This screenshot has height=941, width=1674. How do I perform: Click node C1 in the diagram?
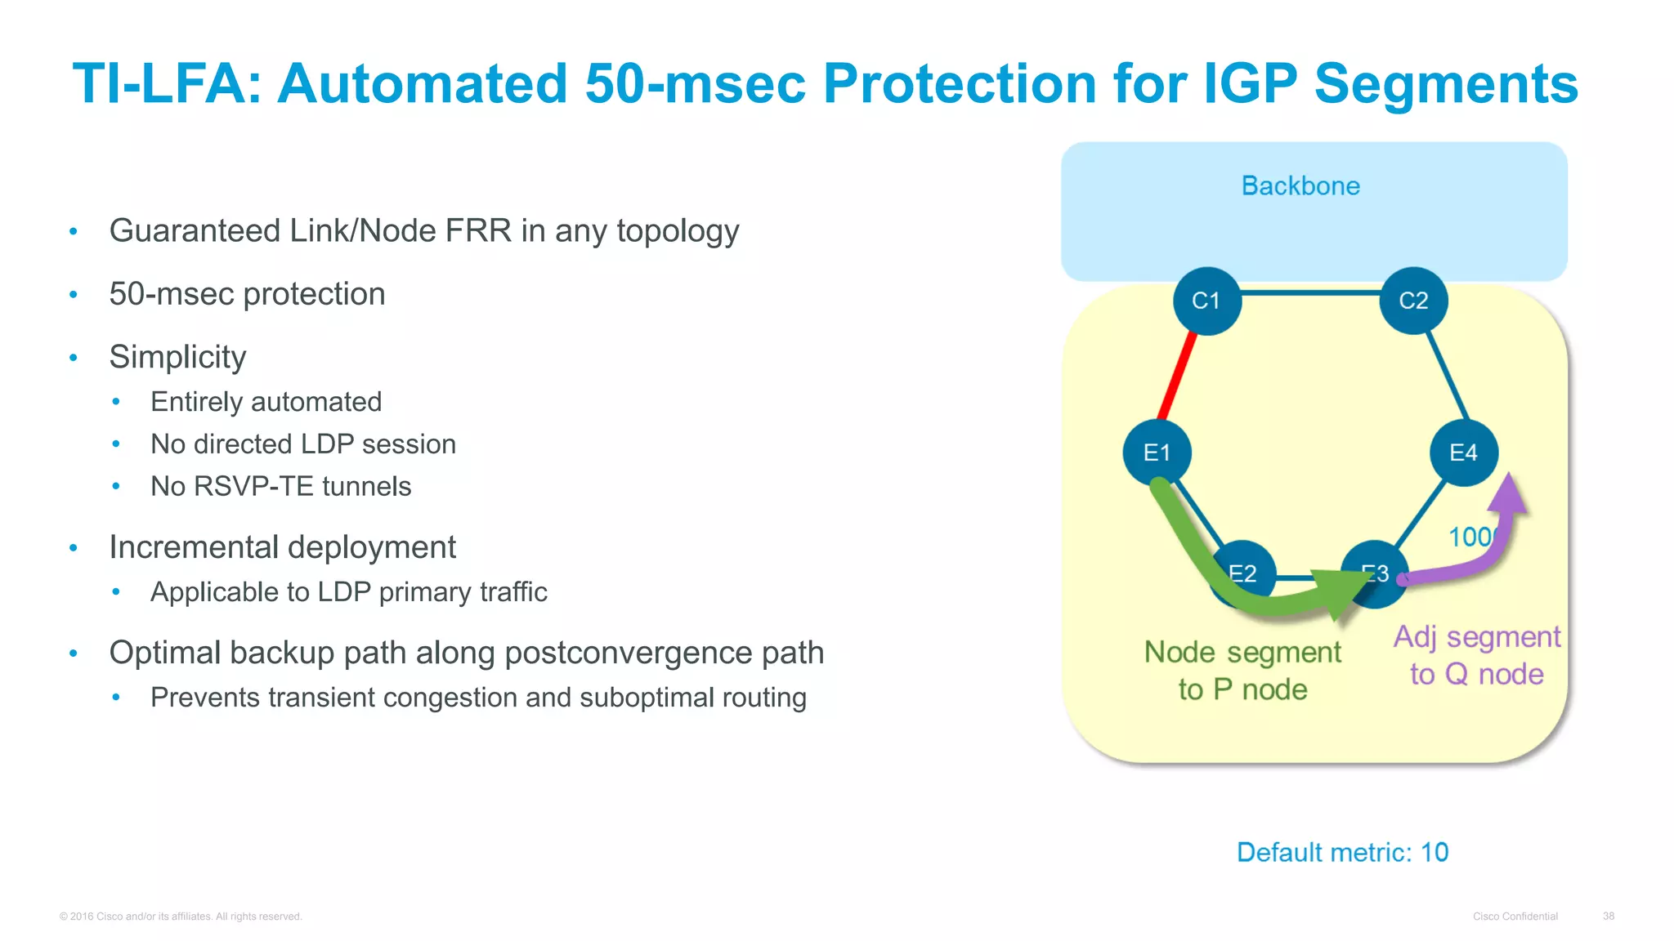(1206, 301)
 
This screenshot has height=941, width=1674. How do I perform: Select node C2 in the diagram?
(1413, 301)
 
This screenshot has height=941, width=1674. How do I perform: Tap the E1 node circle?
(1157, 453)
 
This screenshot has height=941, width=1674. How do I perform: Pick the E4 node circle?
(1463, 453)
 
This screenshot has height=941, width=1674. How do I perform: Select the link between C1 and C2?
(1309, 292)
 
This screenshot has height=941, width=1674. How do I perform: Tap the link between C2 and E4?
(1448, 375)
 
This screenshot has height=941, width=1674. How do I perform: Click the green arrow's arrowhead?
(1341, 592)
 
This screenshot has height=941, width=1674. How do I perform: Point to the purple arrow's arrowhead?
(1508, 495)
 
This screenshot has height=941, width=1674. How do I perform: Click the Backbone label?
(1300, 186)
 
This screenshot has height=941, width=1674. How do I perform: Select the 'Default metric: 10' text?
(1342, 852)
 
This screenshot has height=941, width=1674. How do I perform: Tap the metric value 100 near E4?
(1470, 537)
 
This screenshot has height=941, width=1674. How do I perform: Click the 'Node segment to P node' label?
(1242, 670)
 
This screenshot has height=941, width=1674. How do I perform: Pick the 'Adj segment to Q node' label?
(1476, 655)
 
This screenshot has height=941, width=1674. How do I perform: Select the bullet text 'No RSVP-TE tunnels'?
(280, 487)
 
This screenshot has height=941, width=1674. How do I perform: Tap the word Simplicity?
(177, 357)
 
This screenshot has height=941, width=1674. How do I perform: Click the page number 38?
(1608, 916)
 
